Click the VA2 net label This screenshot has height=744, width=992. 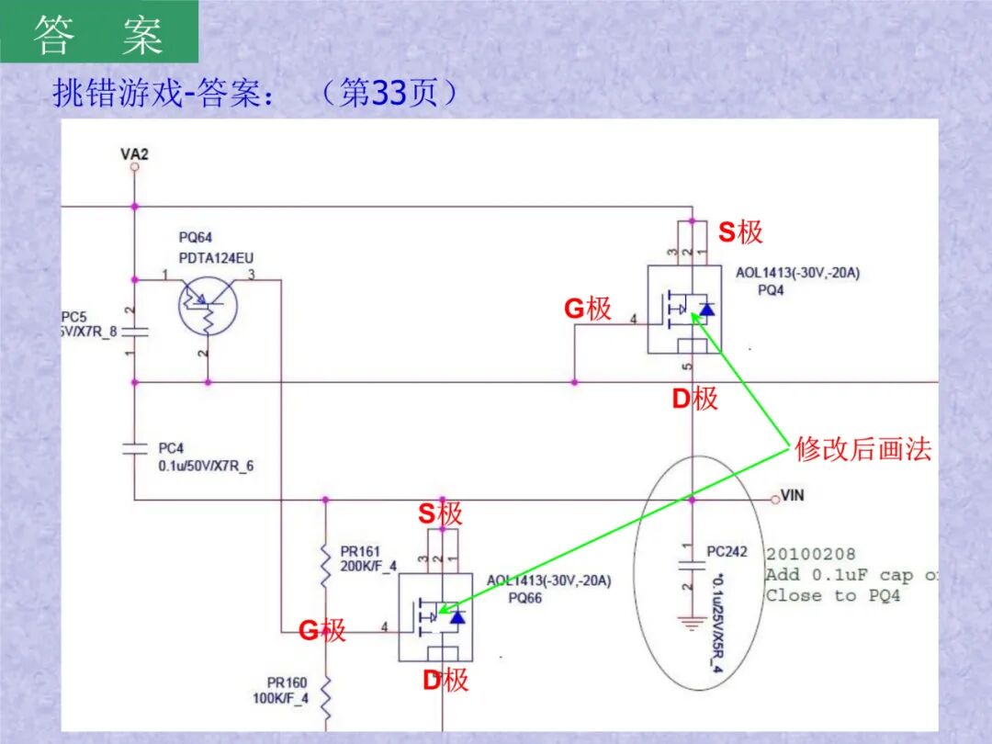(134, 153)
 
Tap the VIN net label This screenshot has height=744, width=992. (792, 496)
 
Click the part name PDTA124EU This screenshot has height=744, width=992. (216, 258)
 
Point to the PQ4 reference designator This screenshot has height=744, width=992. (771, 289)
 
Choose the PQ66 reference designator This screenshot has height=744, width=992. (524, 597)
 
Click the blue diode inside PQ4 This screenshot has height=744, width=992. (705, 309)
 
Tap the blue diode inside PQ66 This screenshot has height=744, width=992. (456, 616)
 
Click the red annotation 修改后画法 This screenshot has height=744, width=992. (862, 449)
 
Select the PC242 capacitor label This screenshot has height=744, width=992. (727, 552)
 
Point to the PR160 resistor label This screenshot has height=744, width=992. (287, 682)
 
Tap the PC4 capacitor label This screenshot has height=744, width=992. (171, 448)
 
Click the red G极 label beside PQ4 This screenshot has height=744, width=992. (587, 309)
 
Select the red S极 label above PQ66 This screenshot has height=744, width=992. (440, 513)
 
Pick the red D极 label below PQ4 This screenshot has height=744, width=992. (693, 399)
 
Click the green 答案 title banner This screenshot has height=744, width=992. (99, 34)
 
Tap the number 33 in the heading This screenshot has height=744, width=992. (387, 94)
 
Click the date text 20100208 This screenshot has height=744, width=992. (810, 554)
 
